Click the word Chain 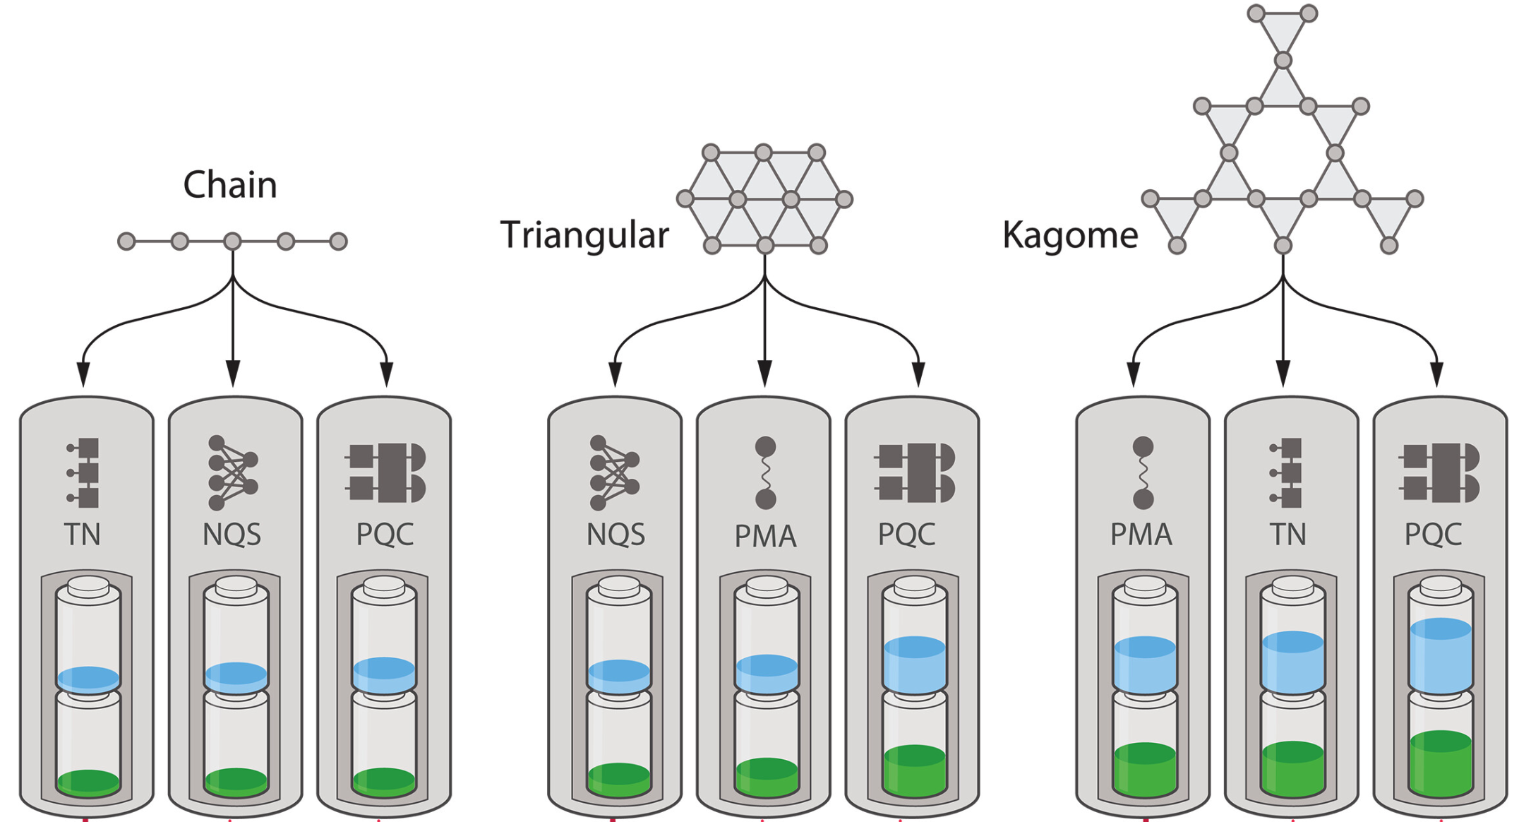(x=230, y=185)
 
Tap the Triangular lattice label (x=584, y=235)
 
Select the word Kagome (x=1070, y=235)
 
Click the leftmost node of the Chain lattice (x=126, y=242)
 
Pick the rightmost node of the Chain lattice (x=339, y=242)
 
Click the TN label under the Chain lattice (x=83, y=535)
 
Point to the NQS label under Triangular (x=616, y=535)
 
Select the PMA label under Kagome (x=1141, y=535)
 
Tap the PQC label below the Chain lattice (x=385, y=535)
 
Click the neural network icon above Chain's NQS (x=233, y=472)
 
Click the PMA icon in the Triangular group (x=765, y=472)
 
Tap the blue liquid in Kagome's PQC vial (x=1441, y=657)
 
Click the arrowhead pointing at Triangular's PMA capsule (x=764, y=372)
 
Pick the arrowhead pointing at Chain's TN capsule (x=83, y=374)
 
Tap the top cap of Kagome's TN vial (x=1292, y=585)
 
